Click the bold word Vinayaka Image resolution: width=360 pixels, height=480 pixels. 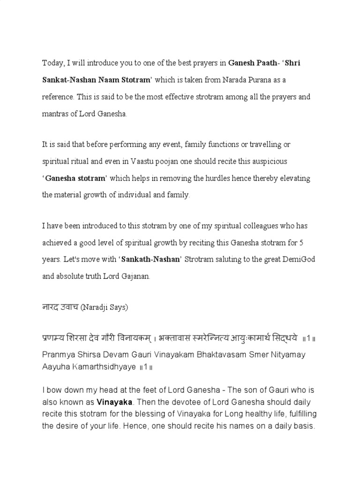(x=114, y=402)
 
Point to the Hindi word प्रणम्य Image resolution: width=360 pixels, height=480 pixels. (x=56, y=337)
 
